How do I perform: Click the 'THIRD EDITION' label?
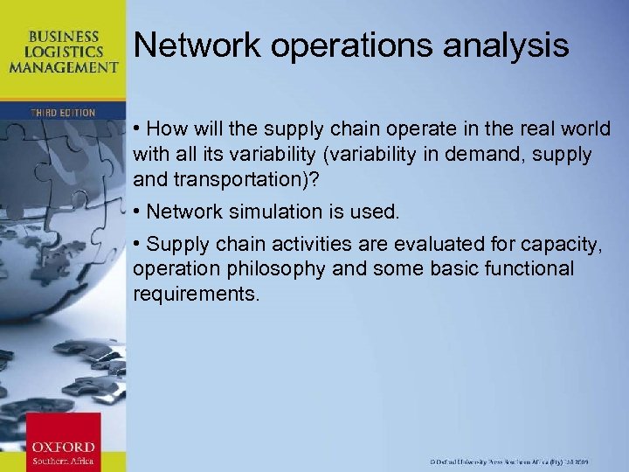62,113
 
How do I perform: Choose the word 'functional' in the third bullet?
530,268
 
